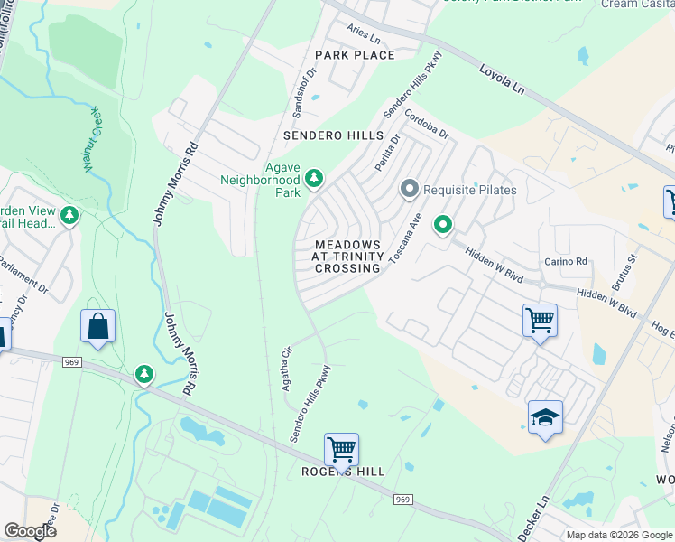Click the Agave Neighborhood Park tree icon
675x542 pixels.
pos(314,178)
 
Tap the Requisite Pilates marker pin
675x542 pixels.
pos(410,190)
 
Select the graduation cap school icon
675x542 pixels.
pos(545,416)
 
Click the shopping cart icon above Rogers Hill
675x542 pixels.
pos(341,448)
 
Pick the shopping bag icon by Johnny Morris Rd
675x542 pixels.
pos(97,326)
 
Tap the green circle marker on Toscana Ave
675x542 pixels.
pos(442,224)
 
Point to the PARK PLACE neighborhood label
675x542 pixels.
pos(355,55)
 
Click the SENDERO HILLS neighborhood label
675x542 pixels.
pos(333,135)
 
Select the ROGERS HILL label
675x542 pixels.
pos(342,472)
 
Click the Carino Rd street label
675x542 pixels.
pos(566,262)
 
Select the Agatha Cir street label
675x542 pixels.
pos(287,363)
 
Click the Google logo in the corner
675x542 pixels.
pos(30,530)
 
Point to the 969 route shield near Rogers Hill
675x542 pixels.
pos(402,499)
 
